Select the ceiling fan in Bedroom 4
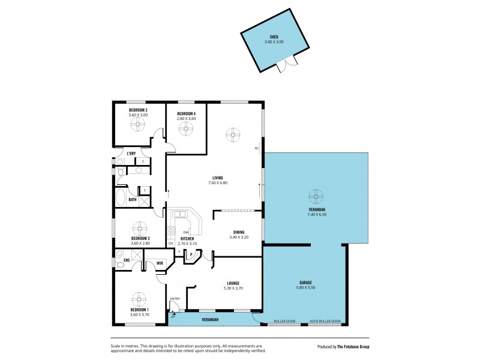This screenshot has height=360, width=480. tap(186, 128)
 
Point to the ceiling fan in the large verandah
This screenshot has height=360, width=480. tap(316, 196)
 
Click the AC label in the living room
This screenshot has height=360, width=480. tap(256, 148)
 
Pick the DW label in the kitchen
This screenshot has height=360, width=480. tap(187, 232)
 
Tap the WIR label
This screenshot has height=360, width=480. tap(160, 263)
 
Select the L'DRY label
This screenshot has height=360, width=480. tap(131, 154)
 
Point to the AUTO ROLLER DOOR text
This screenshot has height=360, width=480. tap(325, 321)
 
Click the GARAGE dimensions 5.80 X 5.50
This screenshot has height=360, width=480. tap(305, 288)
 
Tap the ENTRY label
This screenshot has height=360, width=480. tap(175, 299)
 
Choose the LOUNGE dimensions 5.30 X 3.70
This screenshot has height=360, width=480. tap(233, 289)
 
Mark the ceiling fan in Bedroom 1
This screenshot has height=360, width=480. tap(139, 298)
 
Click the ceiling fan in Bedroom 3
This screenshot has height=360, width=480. tap(140, 228)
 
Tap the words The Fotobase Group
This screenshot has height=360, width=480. tap(352, 347)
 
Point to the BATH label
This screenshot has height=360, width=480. tap(132, 200)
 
